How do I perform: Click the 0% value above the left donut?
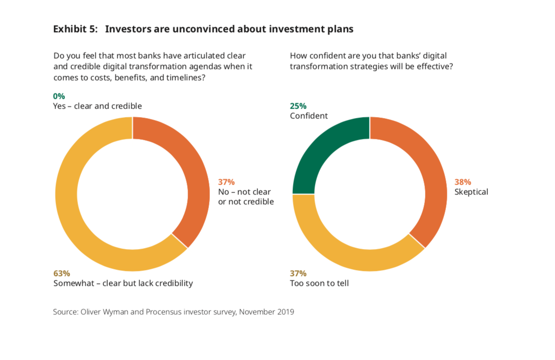point(59,96)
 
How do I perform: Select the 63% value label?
point(62,273)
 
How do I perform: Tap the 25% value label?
point(298,106)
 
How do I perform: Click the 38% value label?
point(463,182)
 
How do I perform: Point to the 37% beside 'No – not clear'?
point(226,182)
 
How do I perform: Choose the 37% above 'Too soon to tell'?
point(298,273)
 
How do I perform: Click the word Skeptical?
point(471,192)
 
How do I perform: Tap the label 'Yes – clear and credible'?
point(97,106)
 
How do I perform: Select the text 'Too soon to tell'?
point(319,283)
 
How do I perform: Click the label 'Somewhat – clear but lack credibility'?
point(123,283)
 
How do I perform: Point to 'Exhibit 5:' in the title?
point(76,29)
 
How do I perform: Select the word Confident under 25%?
point(309,116)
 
